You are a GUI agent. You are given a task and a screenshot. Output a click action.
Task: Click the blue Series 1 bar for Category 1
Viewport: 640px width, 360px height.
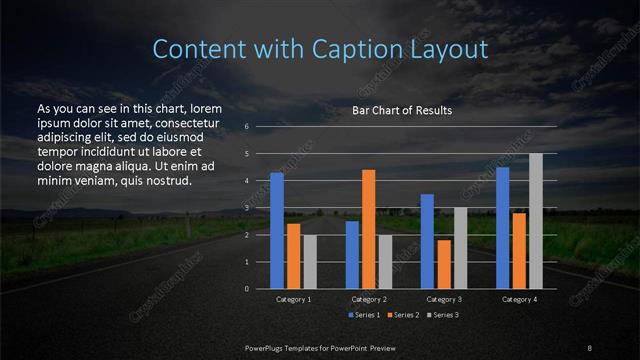[277, 230]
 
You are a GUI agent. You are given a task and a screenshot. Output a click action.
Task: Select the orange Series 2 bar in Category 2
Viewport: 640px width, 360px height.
[369, 229]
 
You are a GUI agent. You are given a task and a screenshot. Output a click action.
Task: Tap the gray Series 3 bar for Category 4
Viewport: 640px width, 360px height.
[535, 221]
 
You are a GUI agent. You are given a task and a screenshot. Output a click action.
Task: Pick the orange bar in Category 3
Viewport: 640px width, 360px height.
[443, 264]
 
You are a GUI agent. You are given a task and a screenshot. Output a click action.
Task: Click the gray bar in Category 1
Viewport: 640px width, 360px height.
[310, 261]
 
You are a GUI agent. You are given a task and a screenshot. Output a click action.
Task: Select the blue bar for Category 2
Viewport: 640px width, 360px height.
[352, 254]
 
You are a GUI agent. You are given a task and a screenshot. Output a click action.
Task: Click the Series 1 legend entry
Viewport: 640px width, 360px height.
[362, 316]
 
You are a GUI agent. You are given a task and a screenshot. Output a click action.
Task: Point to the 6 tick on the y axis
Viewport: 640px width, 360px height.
[246, 127]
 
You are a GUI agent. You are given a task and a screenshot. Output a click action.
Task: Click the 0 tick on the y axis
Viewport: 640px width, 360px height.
[246, 288]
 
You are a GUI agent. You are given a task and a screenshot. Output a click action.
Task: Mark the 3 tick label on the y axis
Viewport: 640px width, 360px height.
[246, 208]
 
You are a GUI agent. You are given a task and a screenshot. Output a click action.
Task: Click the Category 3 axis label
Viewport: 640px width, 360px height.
[443, 299]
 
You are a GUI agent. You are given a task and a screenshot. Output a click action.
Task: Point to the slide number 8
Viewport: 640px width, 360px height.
[590, 347]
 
